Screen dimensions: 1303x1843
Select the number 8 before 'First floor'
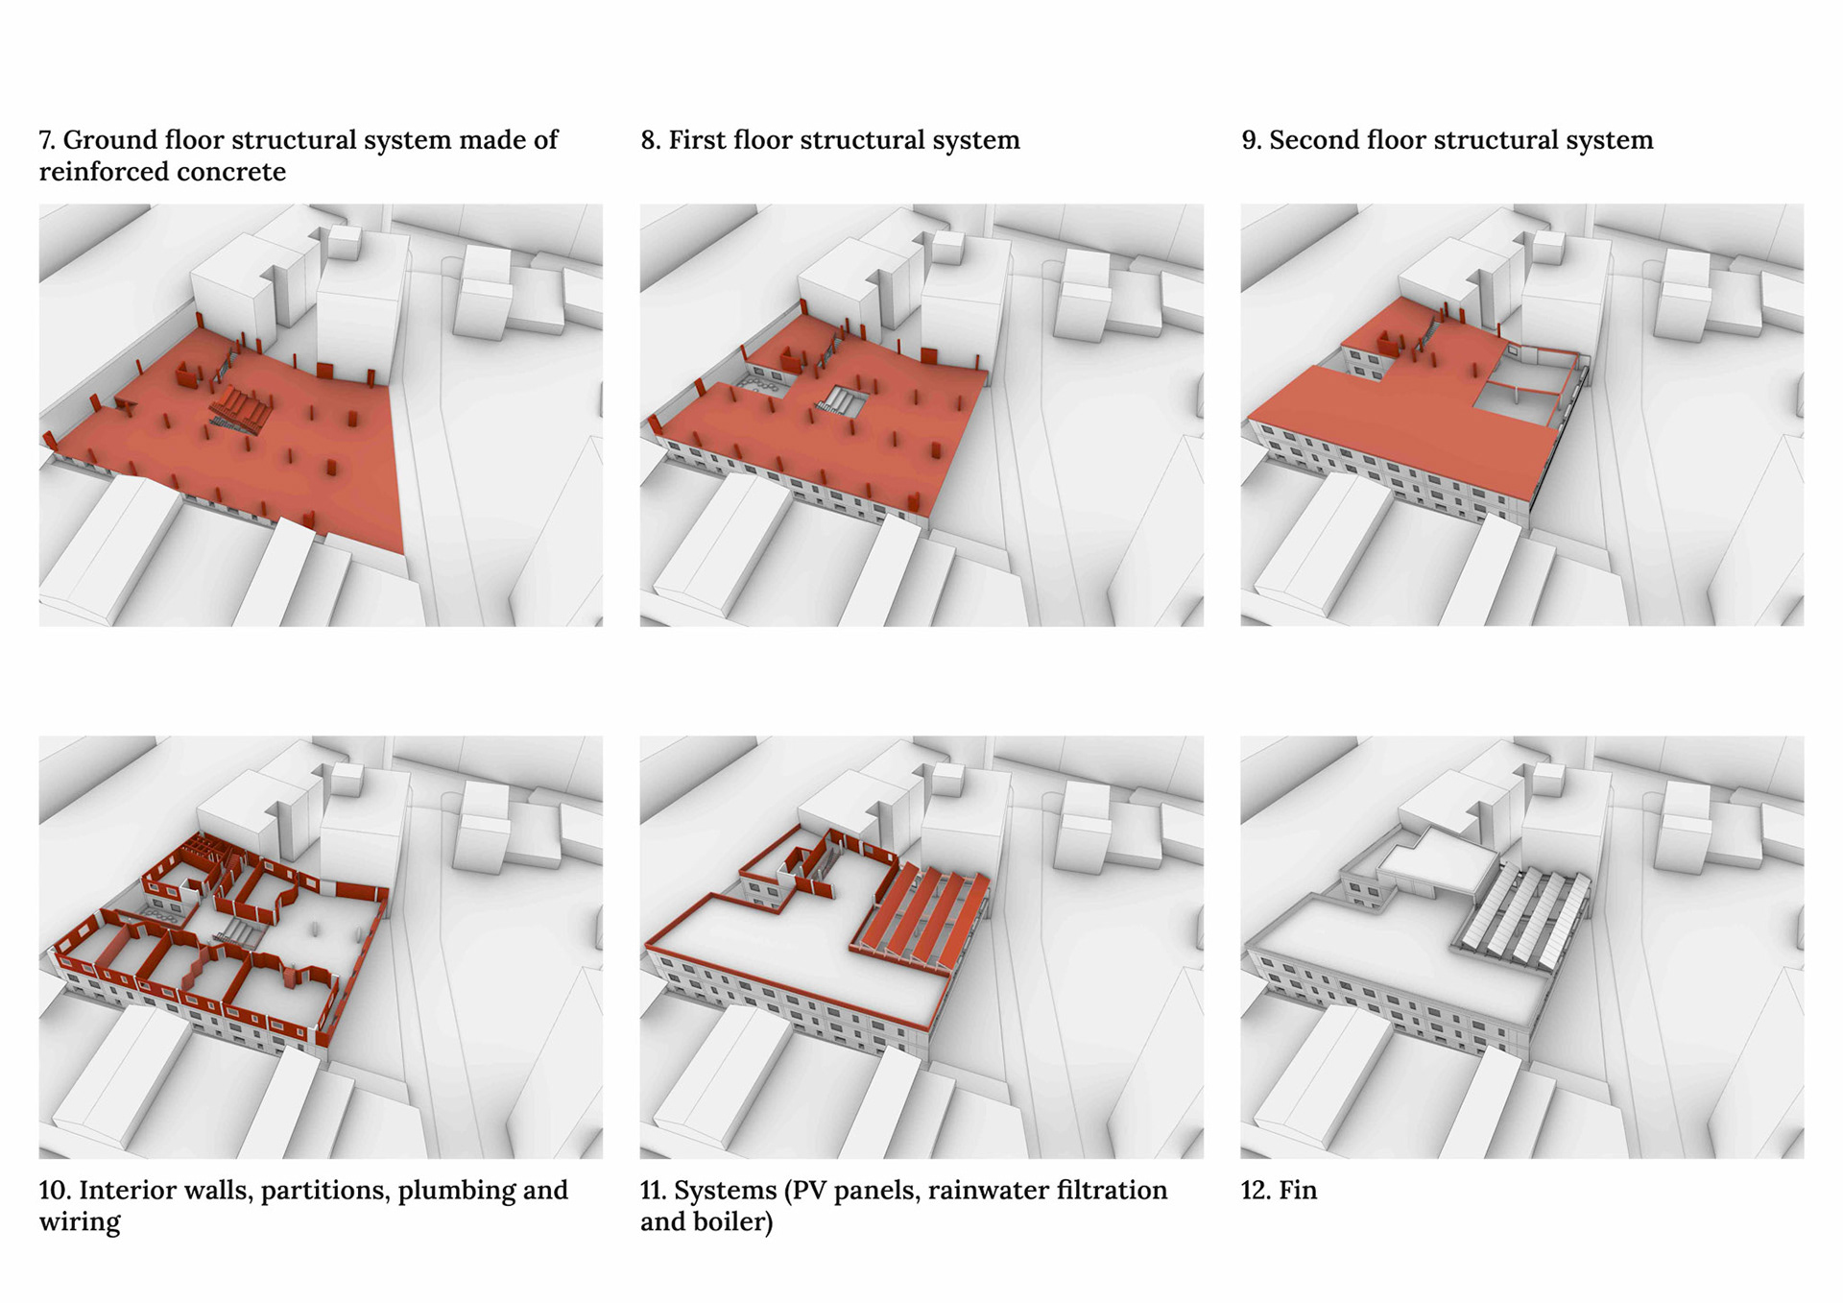[x=649, y=140]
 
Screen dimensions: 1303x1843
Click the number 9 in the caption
[x=1250, y=140]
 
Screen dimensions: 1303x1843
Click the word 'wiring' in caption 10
[x=80, y=1222]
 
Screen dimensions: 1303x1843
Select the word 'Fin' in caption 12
[x=1298, y=1191]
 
